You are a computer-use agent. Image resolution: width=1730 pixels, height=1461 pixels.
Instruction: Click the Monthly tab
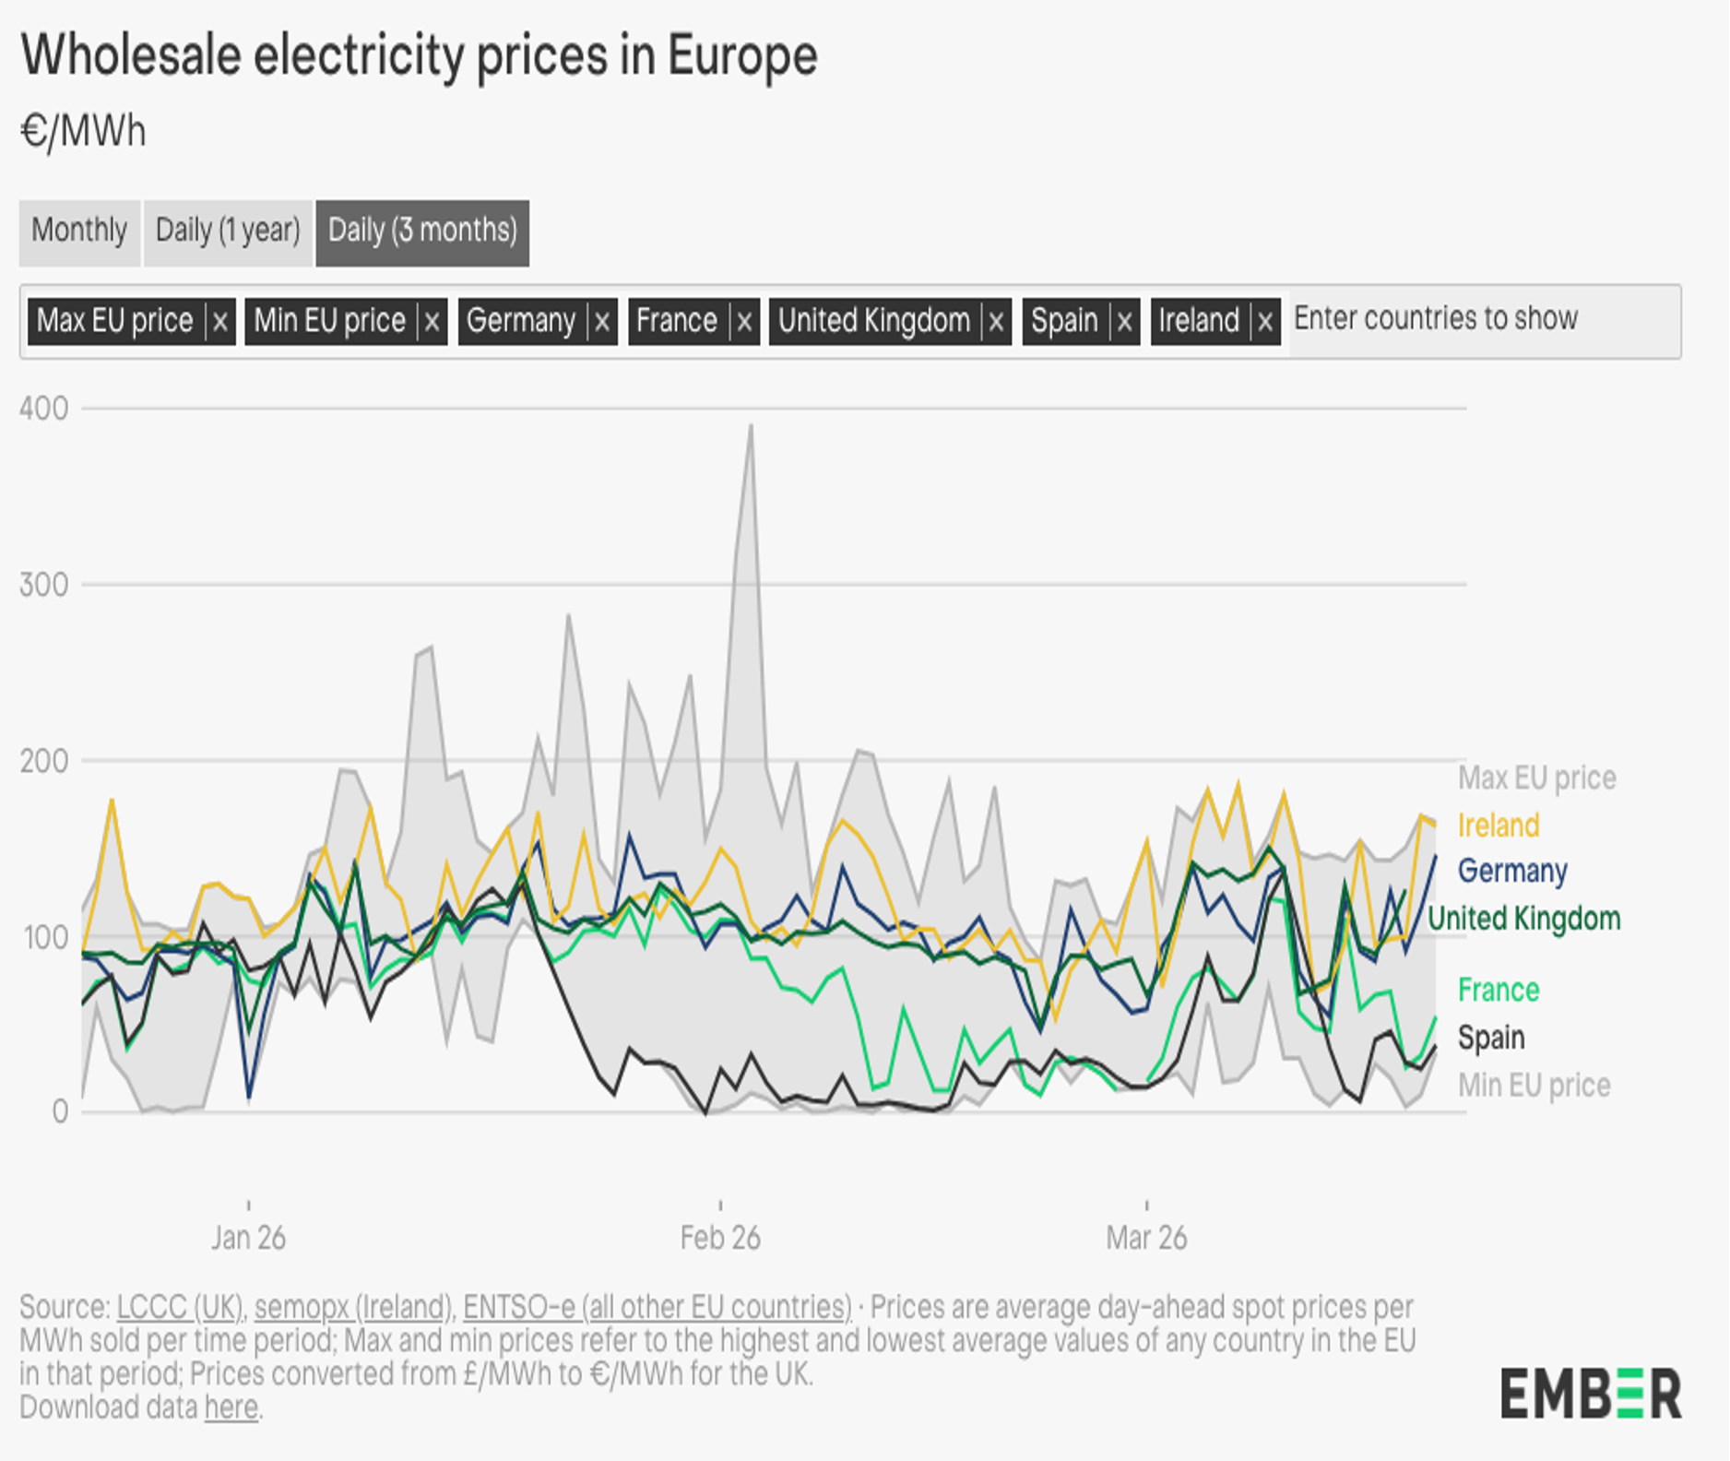point(79,231)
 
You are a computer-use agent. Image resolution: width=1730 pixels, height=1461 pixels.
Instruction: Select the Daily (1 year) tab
point(228,231)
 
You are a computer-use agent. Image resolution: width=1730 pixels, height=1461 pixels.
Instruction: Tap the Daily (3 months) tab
point(422,231)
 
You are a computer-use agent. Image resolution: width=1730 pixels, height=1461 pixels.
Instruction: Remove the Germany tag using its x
point(602,322)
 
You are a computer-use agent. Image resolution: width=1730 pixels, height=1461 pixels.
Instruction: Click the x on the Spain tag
point(1124,322)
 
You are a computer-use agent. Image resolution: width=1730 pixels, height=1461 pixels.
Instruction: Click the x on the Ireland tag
point(1265,322)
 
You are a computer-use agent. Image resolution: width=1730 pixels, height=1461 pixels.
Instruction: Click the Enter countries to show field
point(1475,319)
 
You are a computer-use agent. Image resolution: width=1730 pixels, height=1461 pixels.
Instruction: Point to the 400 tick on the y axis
point(43,409)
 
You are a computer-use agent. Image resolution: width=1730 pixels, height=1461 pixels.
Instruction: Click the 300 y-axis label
point(43,585)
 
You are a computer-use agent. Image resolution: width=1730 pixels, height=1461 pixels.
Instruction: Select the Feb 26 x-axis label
point(720,1238)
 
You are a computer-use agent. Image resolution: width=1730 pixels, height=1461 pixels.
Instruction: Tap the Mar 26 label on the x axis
point(1146,1238)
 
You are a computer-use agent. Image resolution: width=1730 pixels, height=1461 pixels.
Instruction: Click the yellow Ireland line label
point(1499,826)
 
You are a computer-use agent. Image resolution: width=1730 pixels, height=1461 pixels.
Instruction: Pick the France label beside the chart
point(1499,991)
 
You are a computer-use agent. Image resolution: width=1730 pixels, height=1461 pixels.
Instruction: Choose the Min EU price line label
point(1534,1086)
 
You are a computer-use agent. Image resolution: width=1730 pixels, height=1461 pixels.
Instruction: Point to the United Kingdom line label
point(1523,919)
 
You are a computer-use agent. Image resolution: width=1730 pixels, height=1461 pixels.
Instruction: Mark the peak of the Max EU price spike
point(752,425)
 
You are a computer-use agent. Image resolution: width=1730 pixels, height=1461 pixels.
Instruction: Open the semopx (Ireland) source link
point(353,1308)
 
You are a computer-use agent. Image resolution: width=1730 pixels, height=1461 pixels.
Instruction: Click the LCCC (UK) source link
point(180,1308)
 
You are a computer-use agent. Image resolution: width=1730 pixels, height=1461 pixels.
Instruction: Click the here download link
point(231,1408)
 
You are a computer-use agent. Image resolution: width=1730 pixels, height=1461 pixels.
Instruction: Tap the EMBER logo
point(1591,1393)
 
